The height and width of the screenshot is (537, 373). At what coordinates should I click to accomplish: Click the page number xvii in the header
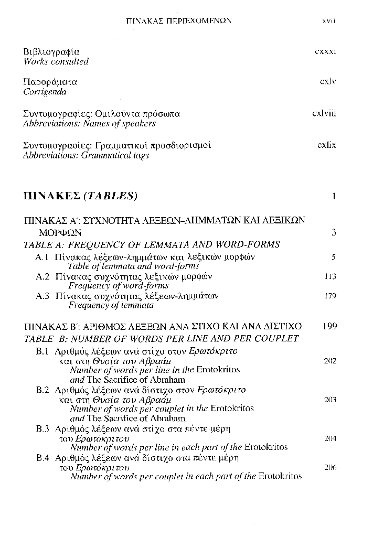tap(328, 21)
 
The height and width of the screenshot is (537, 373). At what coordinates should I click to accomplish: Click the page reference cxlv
tap(328, 82)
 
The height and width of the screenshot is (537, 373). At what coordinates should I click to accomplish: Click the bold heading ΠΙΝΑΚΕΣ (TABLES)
tap(81, 197)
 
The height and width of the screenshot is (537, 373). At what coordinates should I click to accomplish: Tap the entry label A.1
tap(42, 257)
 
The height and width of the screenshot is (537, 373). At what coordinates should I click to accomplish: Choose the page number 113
tap(330, 276)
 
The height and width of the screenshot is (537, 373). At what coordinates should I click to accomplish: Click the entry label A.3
tap(42, 296)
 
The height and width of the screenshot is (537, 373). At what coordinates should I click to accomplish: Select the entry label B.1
tap(42, 351)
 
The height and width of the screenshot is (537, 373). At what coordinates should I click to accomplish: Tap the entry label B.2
tap(42, 390)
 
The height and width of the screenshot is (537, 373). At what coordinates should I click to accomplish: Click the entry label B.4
tap(42, 458)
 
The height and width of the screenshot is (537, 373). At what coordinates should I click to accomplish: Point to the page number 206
tap(330, 467)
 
